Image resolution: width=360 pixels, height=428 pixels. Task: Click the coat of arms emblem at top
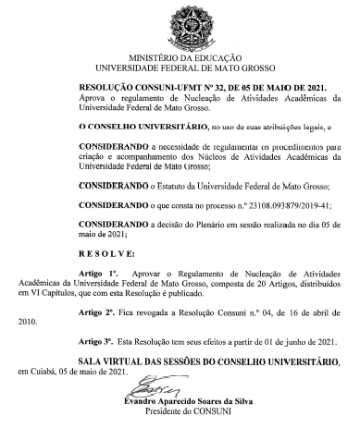point(181,23)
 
